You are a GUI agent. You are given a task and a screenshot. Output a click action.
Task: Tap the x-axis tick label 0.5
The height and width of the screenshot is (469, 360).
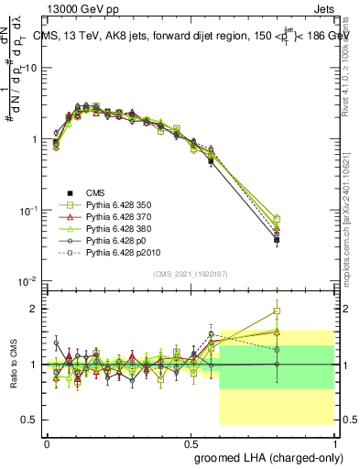pos(190,442)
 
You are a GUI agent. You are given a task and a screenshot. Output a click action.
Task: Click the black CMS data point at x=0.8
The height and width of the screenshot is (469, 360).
pos(276,240)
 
